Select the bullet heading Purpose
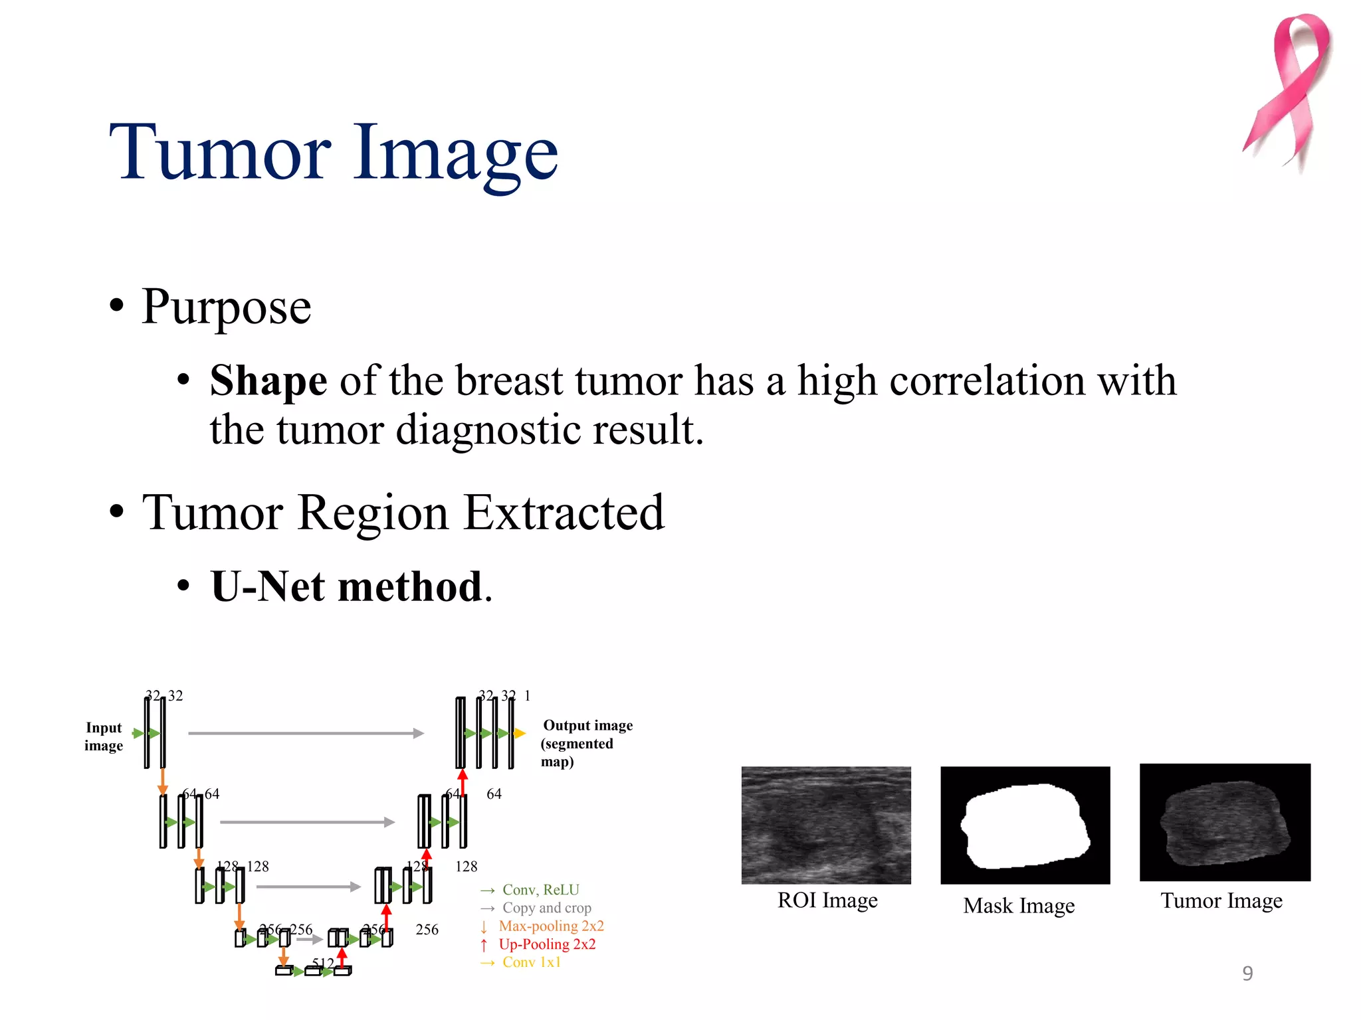pyautogui.click(x=226, y=307)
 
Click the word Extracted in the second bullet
pyautogui.click(x=564, y=513)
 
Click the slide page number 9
pyautogui.click(x=1247, y=973)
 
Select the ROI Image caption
pyautogui.click(x=827, y=900)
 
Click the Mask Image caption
pyautogui.click(x=1019, y=906)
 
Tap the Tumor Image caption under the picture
pyautogui.click(x=1221, y=900)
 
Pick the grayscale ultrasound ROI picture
pyautogui.click(x=826, y=825)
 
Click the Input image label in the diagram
pyautogui.click(x=104, y=736)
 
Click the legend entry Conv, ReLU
pyautogui.click(x=540, y=890)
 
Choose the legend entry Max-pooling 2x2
pyautogui.click(x=551, y=926)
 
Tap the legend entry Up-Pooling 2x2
pyautogui.click(x=547, y=944)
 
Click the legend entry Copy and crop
pyautogui.click(x=546, y=908)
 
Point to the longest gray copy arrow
pyautogui.click(x=306, y=733)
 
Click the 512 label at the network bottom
pyautogui.click(x=323, y=963)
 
